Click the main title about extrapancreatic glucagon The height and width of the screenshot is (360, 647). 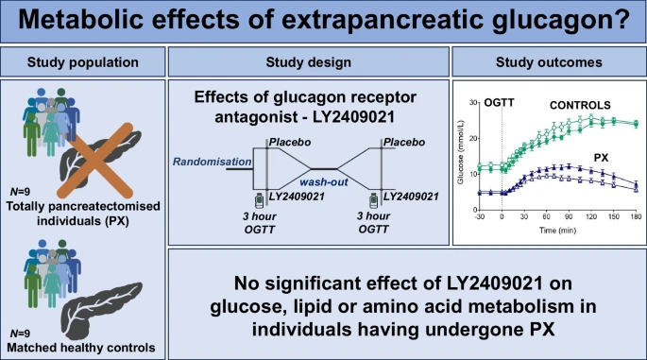pos(323,23)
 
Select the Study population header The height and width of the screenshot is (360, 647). pos(83,62)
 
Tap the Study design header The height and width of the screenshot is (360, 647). pos(308,62)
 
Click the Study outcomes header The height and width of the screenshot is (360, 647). pos(550,62)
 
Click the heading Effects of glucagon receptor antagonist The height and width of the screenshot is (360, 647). pos(308,105)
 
